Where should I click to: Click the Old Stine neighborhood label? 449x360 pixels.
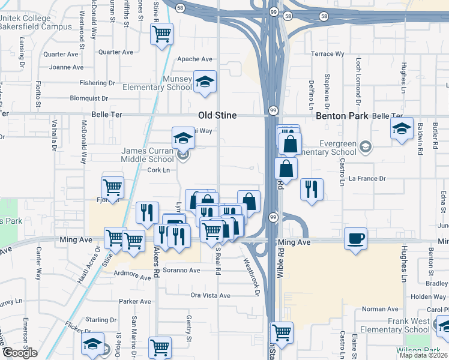pyautogui.click(x=217, y=115)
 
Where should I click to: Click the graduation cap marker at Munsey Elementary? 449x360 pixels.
pyautogui.click(x=205, y=82)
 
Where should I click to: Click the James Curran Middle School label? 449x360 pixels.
pyautogui.click(x=148, y=155)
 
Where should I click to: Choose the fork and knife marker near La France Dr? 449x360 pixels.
pyautogui.click(x=312, y=189)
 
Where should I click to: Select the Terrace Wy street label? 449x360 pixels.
pyautogui.click(x=327, y=54)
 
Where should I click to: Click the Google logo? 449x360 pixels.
pyautogui.click(x=19, y=353)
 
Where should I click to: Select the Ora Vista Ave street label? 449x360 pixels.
pyautogui.click(x=210, y=295)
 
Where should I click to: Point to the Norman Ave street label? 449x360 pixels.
pyautogui.click(x=380, y=309)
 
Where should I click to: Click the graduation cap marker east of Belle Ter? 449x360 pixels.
pyautogui.click(x=402, y=128)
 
